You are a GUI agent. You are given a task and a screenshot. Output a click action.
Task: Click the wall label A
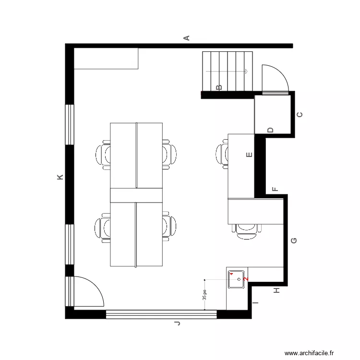point(187,37)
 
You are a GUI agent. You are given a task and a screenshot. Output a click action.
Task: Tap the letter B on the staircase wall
point(219,87)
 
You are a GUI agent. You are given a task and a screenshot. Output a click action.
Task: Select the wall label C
point(300,115)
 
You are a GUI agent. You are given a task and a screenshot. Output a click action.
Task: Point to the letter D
point(270,130)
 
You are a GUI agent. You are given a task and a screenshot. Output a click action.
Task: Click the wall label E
point(249,155)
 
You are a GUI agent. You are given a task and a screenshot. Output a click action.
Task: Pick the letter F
point(275,189)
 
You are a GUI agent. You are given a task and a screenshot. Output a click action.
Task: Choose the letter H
point(276,290)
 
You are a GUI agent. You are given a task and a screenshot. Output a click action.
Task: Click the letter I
point(256,303)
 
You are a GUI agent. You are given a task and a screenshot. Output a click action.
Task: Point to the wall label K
point(60,178)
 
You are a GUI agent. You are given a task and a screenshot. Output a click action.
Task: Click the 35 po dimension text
point(204,295)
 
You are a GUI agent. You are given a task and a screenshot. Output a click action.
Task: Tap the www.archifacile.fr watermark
point(309,353)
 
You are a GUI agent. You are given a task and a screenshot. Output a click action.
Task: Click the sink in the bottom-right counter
point(237,279)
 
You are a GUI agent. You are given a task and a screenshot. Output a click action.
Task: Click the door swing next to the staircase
point(274,78)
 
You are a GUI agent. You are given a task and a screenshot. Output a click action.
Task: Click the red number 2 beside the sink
point(246,278)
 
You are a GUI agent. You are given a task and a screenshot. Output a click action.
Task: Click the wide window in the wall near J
point(161,314)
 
